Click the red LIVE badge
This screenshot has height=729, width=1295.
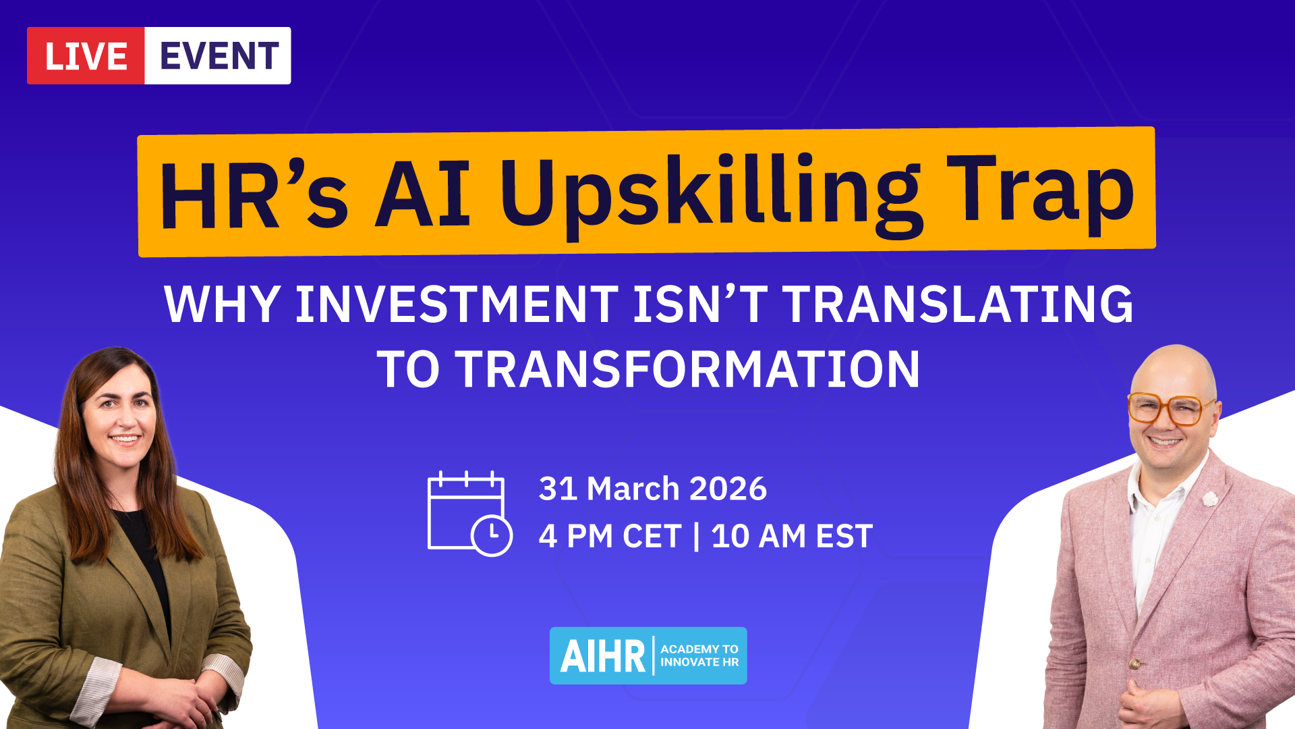tap(86, 56)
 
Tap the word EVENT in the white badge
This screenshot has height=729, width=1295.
tap(219, 56)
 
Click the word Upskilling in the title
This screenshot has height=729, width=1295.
tap(711, 196)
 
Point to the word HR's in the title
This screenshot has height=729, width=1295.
tap(254, 195)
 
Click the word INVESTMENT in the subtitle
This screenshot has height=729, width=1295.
tap(457, 304)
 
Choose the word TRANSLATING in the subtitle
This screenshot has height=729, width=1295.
tap(958, 304)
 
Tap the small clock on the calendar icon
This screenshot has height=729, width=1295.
tap(492, 536)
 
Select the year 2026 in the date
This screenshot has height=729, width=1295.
tap(728, 489)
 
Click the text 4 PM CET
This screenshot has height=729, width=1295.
tap(610, 537)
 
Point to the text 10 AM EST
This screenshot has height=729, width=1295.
tap(793, 537)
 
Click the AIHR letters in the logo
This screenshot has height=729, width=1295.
tap(603, 656)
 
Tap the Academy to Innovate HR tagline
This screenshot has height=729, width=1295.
tap(699, 655)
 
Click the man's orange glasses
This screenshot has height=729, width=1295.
tap(1172, 409)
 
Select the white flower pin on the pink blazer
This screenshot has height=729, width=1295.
tap(1210, 499)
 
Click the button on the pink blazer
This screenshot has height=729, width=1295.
tap(1135, 664)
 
